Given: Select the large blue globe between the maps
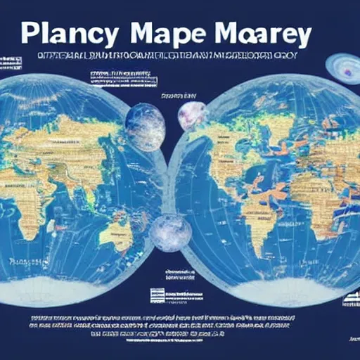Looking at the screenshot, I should (x=145, y=127).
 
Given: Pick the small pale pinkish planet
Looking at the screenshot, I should (x=191, y=115).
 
